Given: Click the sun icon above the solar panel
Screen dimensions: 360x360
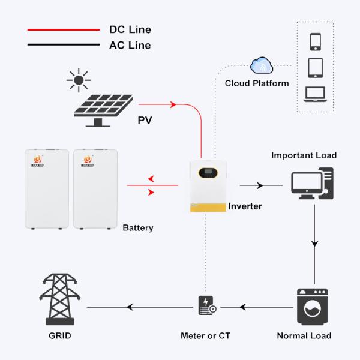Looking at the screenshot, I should pos(79,80).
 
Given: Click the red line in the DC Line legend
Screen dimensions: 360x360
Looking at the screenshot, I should pos(63,29).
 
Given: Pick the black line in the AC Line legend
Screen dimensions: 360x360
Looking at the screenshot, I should pos(63,45).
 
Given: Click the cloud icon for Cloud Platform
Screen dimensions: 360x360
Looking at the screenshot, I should pos(262,65).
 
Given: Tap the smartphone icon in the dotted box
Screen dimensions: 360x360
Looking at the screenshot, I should pos(316,41).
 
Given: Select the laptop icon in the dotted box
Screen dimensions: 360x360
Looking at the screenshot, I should pos(316,94).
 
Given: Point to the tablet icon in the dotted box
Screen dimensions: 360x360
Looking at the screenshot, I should pos(316,67).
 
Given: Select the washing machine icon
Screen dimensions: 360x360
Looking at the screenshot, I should pos(313,307).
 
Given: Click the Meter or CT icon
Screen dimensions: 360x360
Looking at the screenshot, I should pos(206,306).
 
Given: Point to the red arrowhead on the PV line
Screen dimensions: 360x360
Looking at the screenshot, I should pos(173,104).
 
